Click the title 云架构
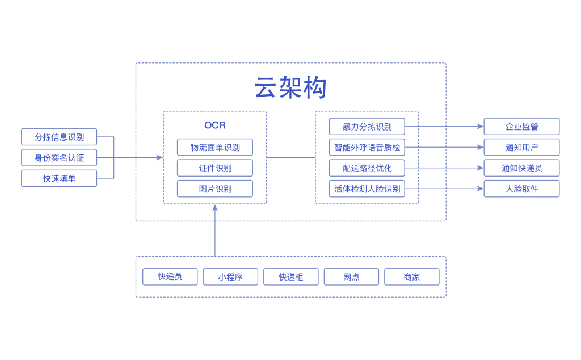(x=290, y=88)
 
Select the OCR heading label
(x=215, y=125)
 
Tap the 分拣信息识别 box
(x=59, y=137)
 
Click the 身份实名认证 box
(x=59, y=157)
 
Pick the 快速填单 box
(x=59, y=178)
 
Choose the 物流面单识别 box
(x=215, y=148)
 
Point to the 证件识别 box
(x=215, y=168)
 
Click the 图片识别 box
(x=215, y=189)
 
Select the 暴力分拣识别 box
(x=367, y=127)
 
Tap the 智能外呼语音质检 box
(x=367, y=147)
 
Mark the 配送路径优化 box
(x=367, y=168)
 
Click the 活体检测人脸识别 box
(x=367, y=189)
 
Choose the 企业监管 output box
(x=521, y=127)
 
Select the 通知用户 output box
(x=521, y=147)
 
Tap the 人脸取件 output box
(x=521, y=189)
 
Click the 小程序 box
(x=230, y=277)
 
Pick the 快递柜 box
(x=291, y=277)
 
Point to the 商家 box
(x=412, y=277)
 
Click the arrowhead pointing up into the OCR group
(x=215, y=207)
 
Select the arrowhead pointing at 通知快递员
(x=480, y=168)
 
